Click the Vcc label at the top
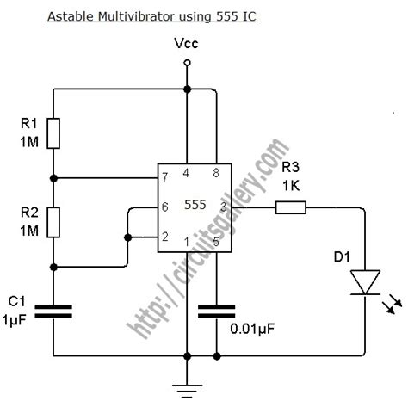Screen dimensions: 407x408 [186, 43]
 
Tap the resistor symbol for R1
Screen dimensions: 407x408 [54, 133]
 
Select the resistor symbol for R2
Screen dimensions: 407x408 [54, 221]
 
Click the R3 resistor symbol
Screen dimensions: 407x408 [291, 207]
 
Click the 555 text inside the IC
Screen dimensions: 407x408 [195, 207]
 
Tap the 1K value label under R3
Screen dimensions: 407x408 [289, 184]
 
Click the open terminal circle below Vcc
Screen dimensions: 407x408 [187, 88]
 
